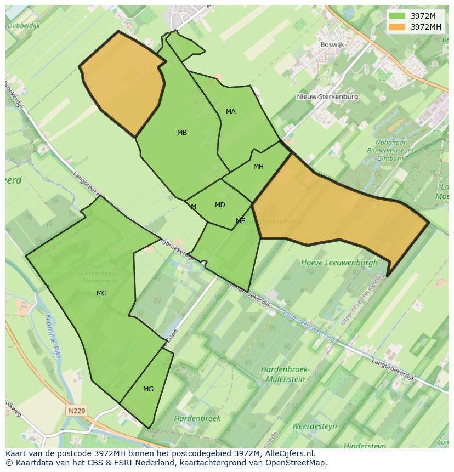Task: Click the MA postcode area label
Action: [x=231, y=112]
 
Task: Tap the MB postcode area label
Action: [x=182, y=133]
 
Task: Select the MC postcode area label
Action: [x=101, y=293]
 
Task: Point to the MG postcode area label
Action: [x=148, y=389]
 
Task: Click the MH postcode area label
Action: [x=258, y=167]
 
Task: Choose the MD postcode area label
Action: [x=220, y=205]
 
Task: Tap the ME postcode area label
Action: [x=240, y=221]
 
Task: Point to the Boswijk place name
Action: [x=332, y=45]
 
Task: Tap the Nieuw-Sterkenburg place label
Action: [x=327, y=97]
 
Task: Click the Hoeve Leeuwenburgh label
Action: [x=339, y=263]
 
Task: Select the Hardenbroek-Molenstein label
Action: [x=285, y=374]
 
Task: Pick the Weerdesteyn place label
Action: [x=314, y=426]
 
